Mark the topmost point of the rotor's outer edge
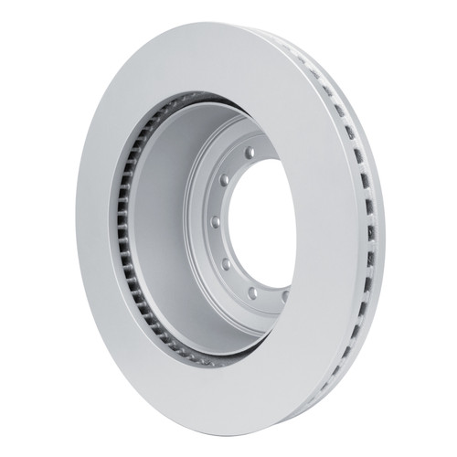coord(228,25)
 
